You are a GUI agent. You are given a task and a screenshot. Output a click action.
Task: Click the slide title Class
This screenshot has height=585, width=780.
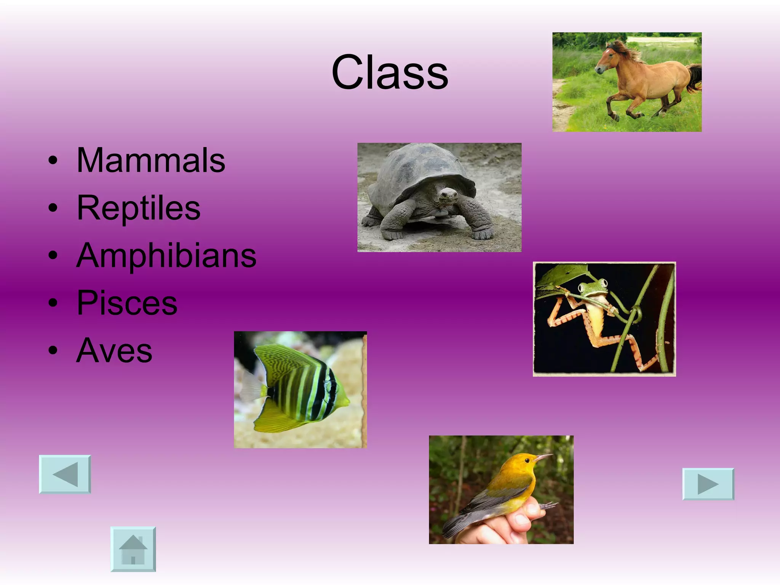390,72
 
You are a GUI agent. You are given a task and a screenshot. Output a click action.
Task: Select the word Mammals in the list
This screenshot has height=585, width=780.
151,161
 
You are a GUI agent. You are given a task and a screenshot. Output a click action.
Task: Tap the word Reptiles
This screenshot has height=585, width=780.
138,208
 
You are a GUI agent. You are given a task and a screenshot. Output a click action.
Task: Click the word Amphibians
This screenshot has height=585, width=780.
166,256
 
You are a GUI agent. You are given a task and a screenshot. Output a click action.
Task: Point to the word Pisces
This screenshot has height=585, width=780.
127,303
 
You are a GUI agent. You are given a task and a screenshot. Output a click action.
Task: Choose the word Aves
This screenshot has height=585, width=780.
114,351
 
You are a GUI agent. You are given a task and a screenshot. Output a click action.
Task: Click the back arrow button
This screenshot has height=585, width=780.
65,474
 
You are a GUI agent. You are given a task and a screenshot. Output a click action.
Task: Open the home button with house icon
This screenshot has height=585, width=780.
133,549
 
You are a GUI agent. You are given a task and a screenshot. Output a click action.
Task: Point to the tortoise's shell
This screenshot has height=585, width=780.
419,168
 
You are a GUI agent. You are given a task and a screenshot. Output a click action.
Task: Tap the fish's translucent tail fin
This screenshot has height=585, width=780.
251,387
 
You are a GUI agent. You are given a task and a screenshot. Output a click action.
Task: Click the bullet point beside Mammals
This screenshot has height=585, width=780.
53,161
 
